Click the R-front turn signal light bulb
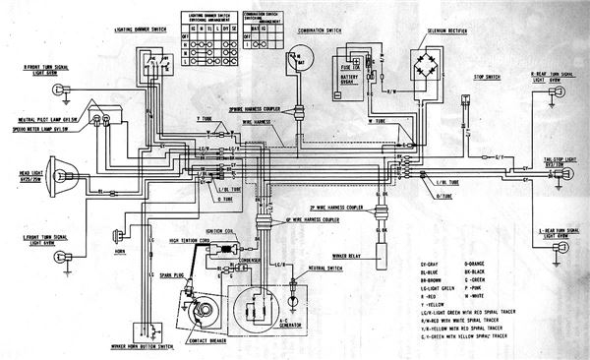[60, 90]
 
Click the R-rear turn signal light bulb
[551, 95]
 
